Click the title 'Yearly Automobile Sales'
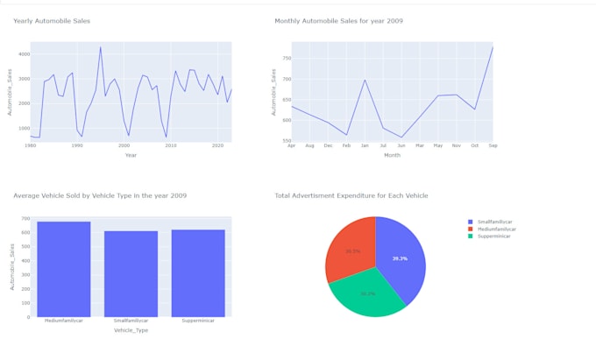click(52, 21)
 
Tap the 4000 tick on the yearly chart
click(23, 54)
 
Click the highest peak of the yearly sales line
click(101, 48)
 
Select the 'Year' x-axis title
click(131, 155)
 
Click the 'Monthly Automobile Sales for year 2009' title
click(338, 21)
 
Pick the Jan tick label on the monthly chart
click(365, 145)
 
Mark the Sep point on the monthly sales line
click(493, 47)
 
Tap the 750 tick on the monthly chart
click(285, 58)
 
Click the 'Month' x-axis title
click(392, 155)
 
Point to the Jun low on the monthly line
click(401, 138)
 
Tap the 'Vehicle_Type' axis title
click(131, 330)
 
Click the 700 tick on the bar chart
click(25, 219)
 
